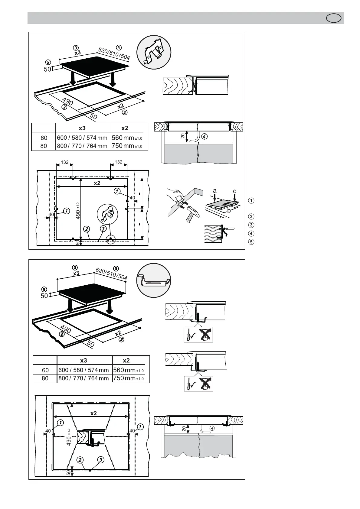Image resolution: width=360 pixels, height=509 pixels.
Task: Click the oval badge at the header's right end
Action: click(x=334, y=18)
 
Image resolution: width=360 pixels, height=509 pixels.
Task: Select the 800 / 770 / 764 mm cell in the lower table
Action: click(x=83, y=378)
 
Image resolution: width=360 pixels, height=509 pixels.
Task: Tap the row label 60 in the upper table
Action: click(x=44, y=138)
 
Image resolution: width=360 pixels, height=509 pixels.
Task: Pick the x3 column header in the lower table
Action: click(x=83, y=360)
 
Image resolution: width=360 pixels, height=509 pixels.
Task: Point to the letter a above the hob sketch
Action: click(x=214, y=191)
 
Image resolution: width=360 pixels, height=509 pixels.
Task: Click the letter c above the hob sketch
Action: click(x=234, y=191)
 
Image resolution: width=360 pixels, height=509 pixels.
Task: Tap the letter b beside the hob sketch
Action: click(x=229, y=210)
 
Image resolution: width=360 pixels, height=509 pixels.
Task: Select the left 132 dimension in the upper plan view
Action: click(x=65, y=162)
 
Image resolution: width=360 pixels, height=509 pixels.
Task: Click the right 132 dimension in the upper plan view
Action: click(x=119, y=162)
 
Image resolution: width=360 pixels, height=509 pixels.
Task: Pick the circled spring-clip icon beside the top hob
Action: click(x=154, y=52)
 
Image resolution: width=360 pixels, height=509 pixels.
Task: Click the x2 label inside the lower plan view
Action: click(x=93, y=413)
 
